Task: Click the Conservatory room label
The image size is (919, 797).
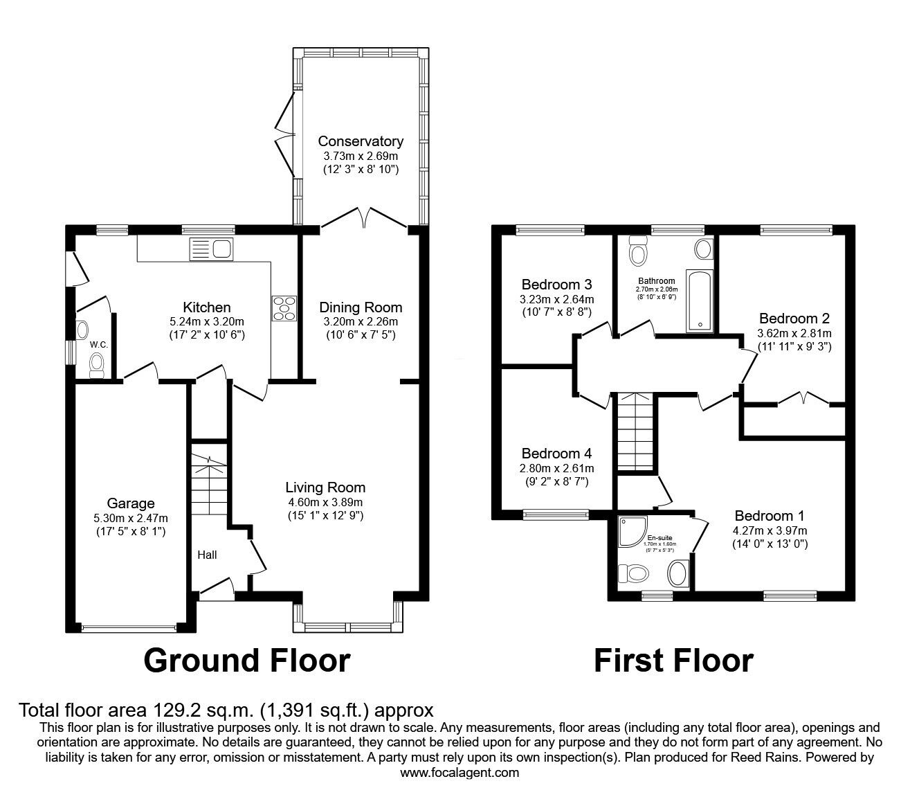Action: click(360, 141)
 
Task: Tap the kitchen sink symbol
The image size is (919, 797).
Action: click(212, 249)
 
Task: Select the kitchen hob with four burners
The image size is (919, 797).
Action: click(284, 308)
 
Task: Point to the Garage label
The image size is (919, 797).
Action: click(131, 503)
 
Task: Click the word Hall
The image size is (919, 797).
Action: click(207, 555)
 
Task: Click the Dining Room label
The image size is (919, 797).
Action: click(360, 307)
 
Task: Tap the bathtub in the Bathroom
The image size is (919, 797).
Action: click(698, 301)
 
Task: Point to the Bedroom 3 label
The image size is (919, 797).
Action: click(556, 284)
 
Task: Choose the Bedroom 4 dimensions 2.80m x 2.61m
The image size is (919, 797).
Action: click(556, 468)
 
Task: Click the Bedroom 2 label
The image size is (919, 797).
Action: click(794, 319)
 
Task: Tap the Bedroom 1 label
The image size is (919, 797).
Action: click(770, 516)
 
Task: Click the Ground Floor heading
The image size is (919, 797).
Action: click(246, 660)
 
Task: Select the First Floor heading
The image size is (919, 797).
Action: click(673, 660)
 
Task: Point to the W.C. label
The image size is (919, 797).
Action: click(98, 344)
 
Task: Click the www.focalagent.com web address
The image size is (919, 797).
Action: click(459, 772)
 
